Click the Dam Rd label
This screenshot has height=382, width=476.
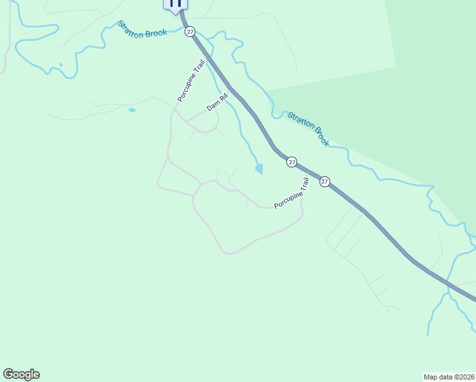click(x=217, y=103)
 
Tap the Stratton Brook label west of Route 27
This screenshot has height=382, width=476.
click(x=142, y=29)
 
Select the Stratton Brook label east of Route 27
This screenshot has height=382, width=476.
click(x=308, y=129)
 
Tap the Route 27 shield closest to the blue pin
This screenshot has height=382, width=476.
click(x=190, y=31)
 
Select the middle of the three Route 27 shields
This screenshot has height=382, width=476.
click(x=291, y=162)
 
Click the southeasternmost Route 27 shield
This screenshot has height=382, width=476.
click(x=325, y=181)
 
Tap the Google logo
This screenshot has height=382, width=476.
click(x=21, y=374)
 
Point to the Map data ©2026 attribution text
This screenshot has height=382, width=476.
click(x=449, y=377)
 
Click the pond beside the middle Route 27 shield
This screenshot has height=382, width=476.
click(x=259, y=169)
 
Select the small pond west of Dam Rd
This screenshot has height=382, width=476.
click(x=132, y=110)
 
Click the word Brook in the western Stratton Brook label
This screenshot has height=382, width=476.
click(x=156, y=32)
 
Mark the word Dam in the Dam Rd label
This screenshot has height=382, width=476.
click(x=213, y=106)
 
